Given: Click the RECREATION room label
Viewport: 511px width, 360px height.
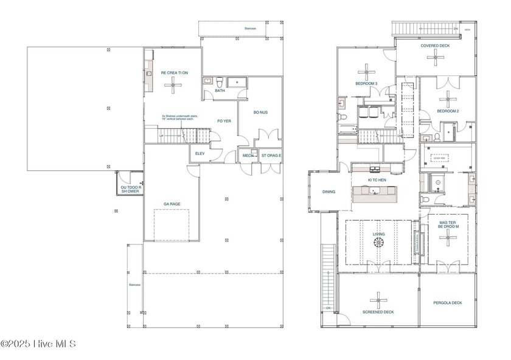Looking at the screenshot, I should point(174,72).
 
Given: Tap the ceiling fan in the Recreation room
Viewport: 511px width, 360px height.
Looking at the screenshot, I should point(174,84).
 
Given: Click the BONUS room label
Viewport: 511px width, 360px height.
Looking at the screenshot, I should point(260,112).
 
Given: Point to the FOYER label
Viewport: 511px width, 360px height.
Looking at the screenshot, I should point(224,121).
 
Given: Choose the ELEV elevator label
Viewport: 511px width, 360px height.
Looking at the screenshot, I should point(200,154).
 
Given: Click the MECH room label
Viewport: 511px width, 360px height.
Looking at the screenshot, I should point(248,156).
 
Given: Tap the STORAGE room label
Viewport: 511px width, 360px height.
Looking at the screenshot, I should point(271,156).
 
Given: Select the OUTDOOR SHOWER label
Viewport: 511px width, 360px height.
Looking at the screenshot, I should point(129,190).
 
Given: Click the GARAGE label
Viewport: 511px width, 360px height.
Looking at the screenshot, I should point(172,204).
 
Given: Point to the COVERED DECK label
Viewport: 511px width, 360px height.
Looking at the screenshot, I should point(435,46).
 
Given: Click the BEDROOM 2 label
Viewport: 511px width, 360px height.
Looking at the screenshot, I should point(448,111).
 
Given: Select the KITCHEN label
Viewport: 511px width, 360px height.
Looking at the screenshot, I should point(378,180).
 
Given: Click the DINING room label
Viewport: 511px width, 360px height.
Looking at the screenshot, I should point(328,192).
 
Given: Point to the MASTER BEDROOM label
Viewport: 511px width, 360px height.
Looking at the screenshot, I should point(447,226).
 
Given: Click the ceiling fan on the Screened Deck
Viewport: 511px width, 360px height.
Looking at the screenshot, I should point(378,300).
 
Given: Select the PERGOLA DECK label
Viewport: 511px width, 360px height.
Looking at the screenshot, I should point(447,302).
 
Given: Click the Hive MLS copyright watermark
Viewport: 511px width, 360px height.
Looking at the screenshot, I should point(38,344).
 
